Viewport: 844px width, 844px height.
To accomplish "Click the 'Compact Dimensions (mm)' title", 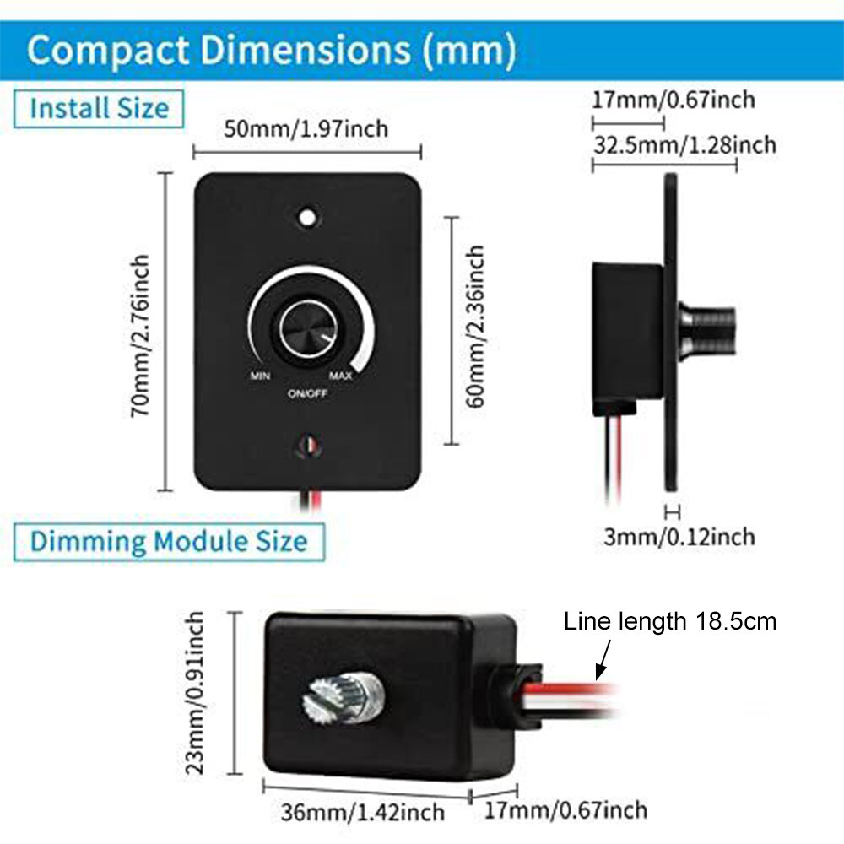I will click(x=271, y=51).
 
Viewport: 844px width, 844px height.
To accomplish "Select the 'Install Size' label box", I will click(x=100, y=109).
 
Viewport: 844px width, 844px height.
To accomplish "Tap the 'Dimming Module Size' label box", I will click(x=169, y=540).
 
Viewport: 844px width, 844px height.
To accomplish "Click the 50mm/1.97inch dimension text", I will click(x=306, y=129).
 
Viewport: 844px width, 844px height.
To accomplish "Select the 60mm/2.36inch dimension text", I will click(x=476, y=327).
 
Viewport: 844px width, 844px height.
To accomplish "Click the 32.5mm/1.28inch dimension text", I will click(x=684, y=145).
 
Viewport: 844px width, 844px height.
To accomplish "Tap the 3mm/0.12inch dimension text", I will click(x=679, y=536).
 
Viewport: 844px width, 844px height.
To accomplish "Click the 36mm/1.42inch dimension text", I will click(x=362, y=812).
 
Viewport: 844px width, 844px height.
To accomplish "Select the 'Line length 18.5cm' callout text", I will click(x=670, y=622).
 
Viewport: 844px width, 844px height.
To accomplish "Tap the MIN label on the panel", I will click(x=260, y=376).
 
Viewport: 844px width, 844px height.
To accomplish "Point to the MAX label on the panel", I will click(x=341, y=376).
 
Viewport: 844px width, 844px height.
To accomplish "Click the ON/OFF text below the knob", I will click(x=307, y=393).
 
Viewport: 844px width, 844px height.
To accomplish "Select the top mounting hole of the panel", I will click(x=308, y=217).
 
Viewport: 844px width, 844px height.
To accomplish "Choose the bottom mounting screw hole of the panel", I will click(x=307, y=445).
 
